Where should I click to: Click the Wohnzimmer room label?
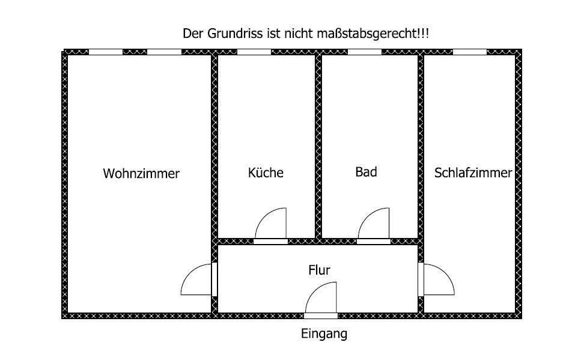click(x=141, y=174)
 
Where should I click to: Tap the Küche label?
click(x=266, y=172)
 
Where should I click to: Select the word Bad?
click(x=366, y=172)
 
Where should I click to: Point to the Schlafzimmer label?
click(x=473, y=173)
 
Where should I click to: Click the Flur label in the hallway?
click(x=319, y=270)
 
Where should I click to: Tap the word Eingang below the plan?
click(x=324, y=334)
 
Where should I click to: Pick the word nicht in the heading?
click(x=295, y=34)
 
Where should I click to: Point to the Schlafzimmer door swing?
click(x=437, y=279)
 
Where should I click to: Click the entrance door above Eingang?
click(x=321, y=299)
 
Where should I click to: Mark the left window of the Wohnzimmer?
click(x=106, y=52)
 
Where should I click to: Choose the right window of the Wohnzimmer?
click(x=164, y=52)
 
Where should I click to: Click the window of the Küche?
click(x=254, y=52)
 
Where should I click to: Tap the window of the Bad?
click(x=365, y=52)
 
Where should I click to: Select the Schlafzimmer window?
click(x=469, y=52)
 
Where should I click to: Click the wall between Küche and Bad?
click(x=318, y=144)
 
